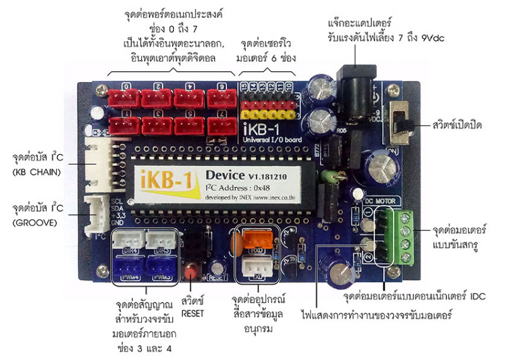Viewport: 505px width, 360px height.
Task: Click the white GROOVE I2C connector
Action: (100, 214)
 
